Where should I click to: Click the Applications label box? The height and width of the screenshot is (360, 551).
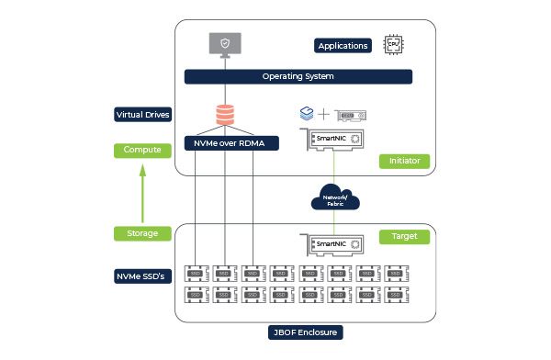coord(343,45)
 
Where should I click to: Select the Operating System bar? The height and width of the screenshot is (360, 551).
coord(298,76)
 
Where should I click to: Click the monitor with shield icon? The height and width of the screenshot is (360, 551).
coord(225,43)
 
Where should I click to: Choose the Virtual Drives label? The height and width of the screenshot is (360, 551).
coord(141,115)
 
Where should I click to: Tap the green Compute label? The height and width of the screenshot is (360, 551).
coord(141,150)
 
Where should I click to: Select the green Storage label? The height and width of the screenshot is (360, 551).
coord(141,233)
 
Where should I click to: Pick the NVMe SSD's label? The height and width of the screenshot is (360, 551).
coord(141,276)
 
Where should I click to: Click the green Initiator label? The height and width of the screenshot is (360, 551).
coord(404,161)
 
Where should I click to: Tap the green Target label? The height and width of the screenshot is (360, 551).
coord(404,236)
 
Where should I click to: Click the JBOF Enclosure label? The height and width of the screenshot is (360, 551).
coord(298,332)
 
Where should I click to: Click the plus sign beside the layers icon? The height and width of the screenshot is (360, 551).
coord(323,116)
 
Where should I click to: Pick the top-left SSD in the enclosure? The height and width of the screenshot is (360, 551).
coord(196,274)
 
